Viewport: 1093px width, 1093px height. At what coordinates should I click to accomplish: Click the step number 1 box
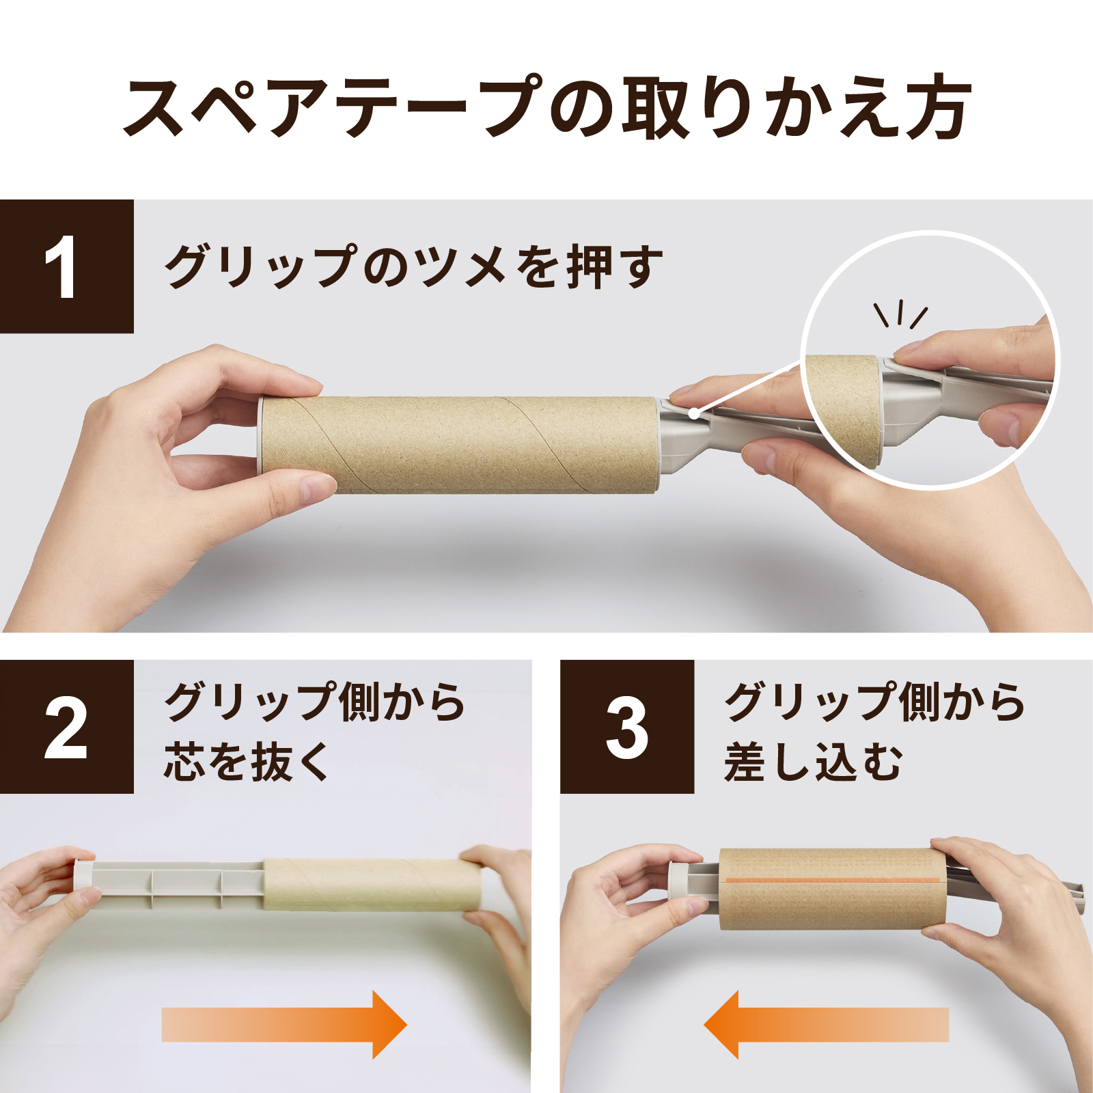click(66, 266)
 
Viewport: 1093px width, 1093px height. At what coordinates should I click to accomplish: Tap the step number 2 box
click(66, 727)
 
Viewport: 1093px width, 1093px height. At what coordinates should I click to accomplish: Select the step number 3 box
click(627, 727)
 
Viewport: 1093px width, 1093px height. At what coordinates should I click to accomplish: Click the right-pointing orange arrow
click(284, 1025)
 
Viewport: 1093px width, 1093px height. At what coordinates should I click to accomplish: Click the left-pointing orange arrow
click(826, 1025)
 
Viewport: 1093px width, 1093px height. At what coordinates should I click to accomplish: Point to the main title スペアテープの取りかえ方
click(546, 108)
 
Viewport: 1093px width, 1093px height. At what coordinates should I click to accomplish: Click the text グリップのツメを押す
click(414, 266)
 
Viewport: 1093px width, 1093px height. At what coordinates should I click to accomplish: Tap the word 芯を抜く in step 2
click(247, 761)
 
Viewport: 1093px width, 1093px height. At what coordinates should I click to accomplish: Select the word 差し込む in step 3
click(814, 761)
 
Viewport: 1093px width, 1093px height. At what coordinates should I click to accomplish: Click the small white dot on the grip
click(693, 413)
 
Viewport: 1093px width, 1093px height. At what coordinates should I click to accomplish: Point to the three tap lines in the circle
click(900, 314)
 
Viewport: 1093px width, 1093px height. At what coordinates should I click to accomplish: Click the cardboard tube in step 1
click(460, 445)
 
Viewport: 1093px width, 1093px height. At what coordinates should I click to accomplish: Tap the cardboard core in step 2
click(372, 885)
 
